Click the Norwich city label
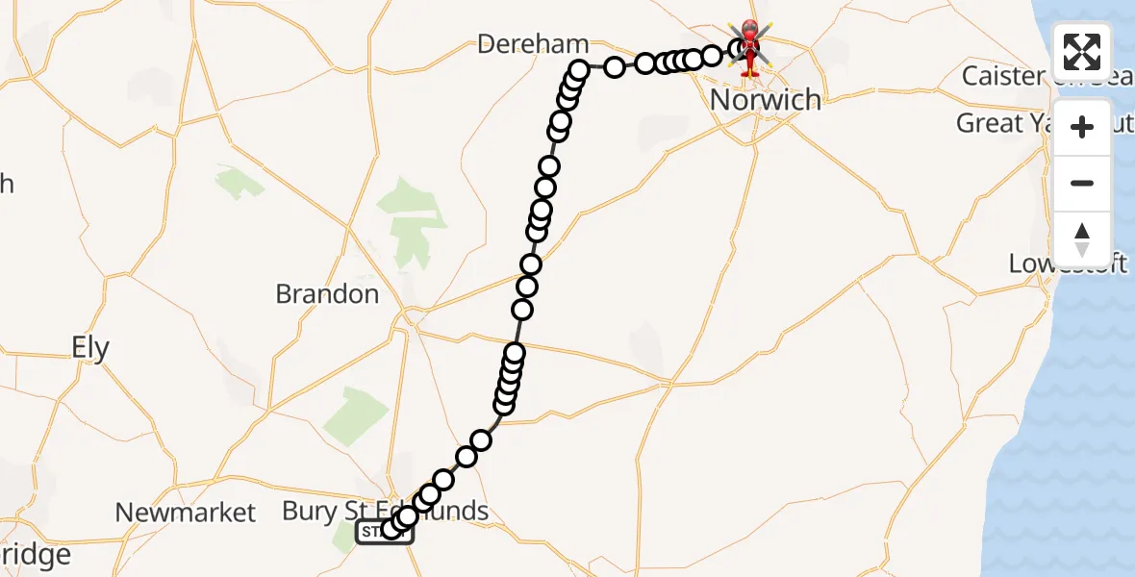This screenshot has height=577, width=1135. tap(765, 99)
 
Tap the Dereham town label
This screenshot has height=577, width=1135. tap(532, 43)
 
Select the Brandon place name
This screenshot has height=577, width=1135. tap(327, 293)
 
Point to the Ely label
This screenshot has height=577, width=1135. tap(90, 347)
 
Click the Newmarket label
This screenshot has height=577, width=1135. tap(186, 513)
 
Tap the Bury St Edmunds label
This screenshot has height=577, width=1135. tap(385, 510)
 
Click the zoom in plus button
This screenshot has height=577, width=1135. tap(1082, 127)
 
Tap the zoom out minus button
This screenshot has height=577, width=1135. tap(1082, 183)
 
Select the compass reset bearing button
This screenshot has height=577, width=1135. tap(1082, 238)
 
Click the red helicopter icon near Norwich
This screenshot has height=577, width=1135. tap(750, 44)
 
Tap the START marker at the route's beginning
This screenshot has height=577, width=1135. tap(384, 532)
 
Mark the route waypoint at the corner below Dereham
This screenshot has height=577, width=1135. tap(579, 70)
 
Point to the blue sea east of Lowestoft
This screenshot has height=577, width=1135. tap(1087, 433)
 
